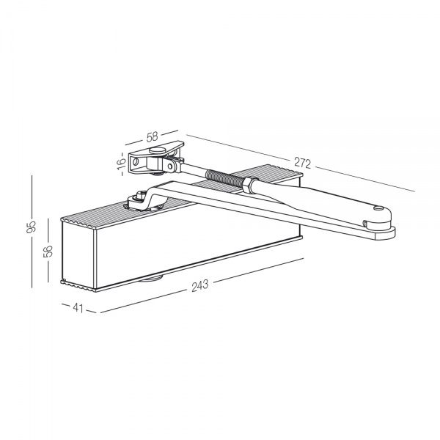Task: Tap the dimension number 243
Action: (x=199, y=285)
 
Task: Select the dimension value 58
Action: (x=153, y=136)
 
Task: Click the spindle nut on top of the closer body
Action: (x=138, y=197)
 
